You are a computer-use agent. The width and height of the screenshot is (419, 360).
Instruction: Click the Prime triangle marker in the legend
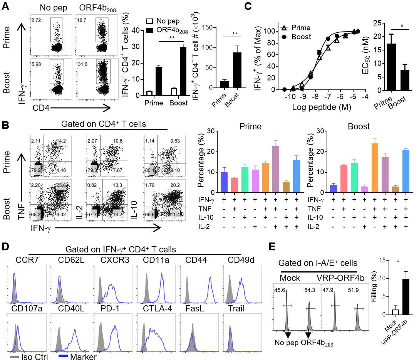tap(285, 28)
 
